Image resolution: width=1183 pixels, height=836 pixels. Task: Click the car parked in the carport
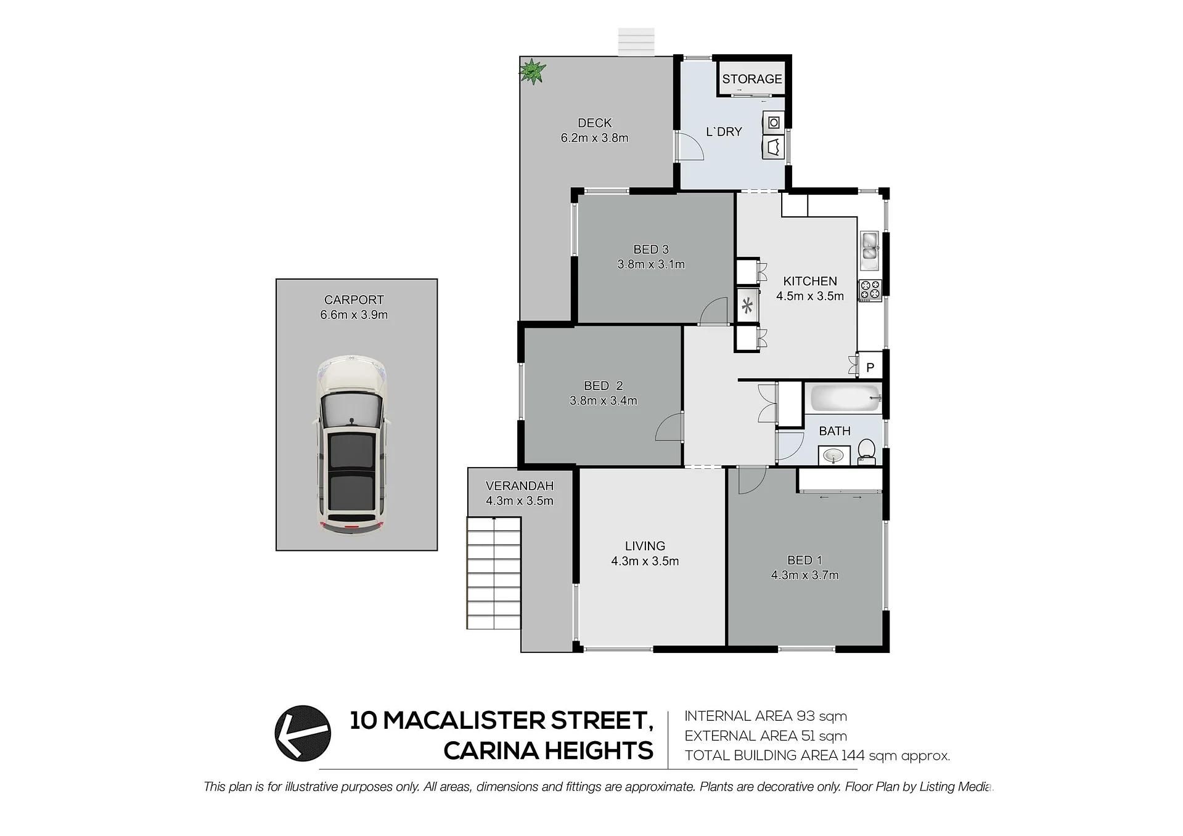click(352, 445)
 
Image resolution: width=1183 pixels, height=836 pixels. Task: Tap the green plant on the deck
click(531, 71)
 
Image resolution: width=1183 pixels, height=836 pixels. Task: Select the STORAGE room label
click(751, 79)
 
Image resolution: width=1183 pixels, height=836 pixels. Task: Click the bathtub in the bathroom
click(844, 398)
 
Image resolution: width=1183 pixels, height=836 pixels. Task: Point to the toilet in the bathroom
click(867, 450)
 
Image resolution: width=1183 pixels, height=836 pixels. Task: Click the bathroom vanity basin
click(834, 456)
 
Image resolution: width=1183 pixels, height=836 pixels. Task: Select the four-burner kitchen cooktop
click(870, 290)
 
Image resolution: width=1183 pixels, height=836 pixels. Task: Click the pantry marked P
click(870, 367)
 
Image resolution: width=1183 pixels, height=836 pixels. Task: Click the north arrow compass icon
click(303, 733)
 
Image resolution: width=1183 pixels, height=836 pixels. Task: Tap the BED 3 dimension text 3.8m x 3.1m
click(651, 264)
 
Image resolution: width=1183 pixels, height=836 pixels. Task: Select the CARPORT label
click(354, 300)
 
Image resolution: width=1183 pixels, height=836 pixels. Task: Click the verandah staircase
click(494, 573)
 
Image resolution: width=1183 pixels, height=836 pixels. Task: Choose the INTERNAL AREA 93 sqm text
click(766, 716)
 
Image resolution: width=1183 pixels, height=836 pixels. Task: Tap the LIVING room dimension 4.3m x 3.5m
click(645, 561)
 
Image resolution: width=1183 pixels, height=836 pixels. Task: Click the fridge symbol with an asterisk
click(748, 305)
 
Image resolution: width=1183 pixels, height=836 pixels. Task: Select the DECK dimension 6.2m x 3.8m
click(594, 138)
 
